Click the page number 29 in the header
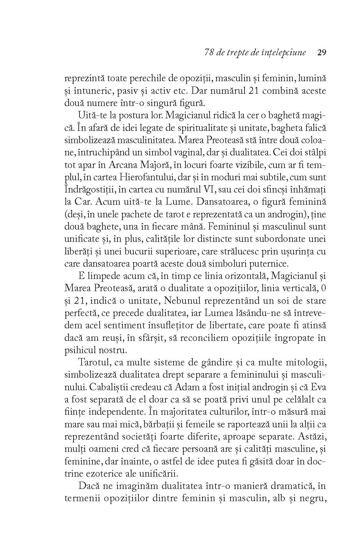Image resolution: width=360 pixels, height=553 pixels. pos(321,53)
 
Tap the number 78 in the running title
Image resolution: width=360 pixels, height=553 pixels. pos(209,53)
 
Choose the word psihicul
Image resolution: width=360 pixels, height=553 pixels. pos(80,350)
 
